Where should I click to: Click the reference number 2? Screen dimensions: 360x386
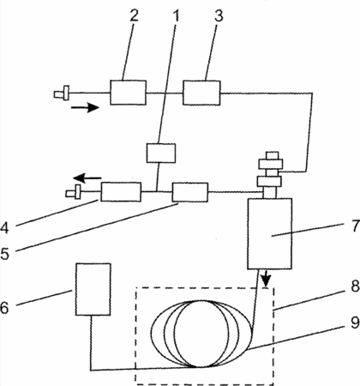(134, 15)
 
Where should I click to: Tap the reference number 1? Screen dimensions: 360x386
(176, 15)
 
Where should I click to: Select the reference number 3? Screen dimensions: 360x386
(219, 15)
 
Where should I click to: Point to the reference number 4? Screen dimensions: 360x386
(5, 228)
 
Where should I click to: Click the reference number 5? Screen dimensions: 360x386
(5, 253)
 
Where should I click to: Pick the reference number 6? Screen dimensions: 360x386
(5, 307)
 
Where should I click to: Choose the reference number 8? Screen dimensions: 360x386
(355, 286)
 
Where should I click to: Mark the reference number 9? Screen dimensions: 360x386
(355, 323)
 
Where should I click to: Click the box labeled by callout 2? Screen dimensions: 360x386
(129, 93)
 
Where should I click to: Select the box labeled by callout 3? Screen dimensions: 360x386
(201, 93)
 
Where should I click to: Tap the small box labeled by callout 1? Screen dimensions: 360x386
(161, 154)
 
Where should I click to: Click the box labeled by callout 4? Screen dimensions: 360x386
(121, 192)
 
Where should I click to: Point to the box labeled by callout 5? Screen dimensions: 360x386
(190, 192)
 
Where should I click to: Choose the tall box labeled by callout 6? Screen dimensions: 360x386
(93, 289)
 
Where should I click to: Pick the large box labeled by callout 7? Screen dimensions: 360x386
(270, 233)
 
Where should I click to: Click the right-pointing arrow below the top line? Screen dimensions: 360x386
(85, 107)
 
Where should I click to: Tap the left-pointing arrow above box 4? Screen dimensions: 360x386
(87, 178)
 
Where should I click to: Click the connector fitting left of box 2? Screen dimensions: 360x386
(62, 93)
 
